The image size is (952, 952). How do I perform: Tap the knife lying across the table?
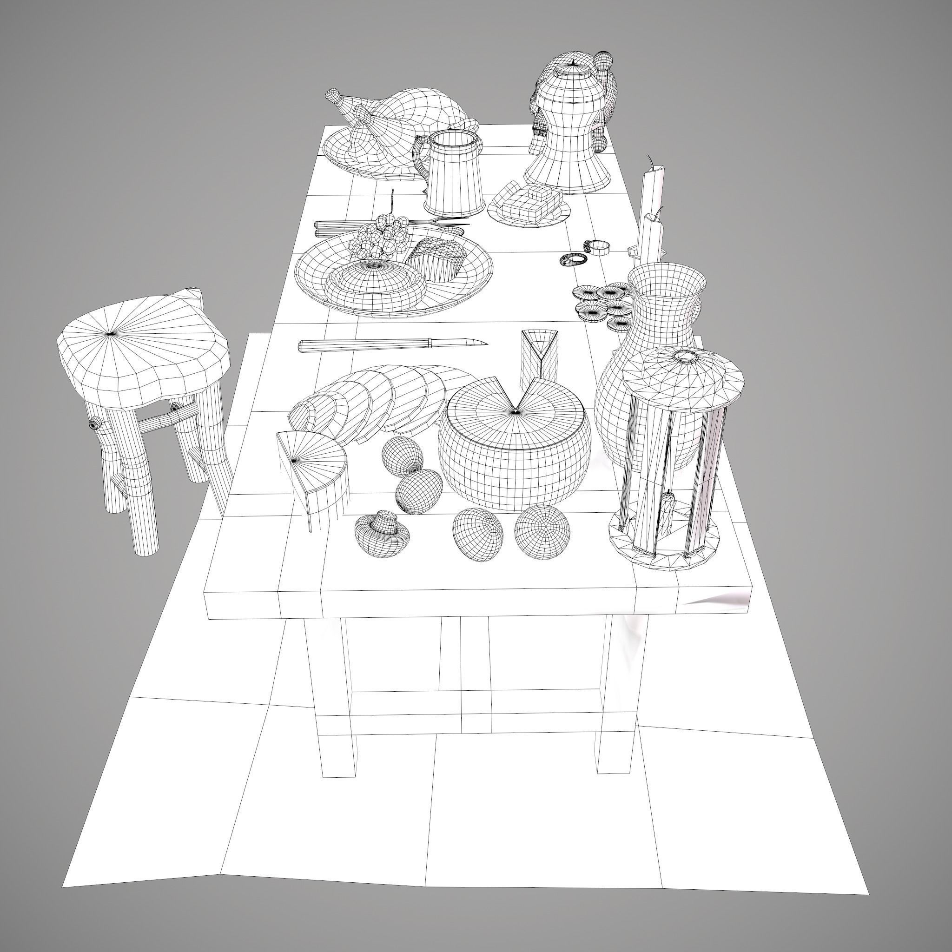392,344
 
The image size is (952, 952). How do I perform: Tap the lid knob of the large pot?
574,63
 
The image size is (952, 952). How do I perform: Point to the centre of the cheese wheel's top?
515,411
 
